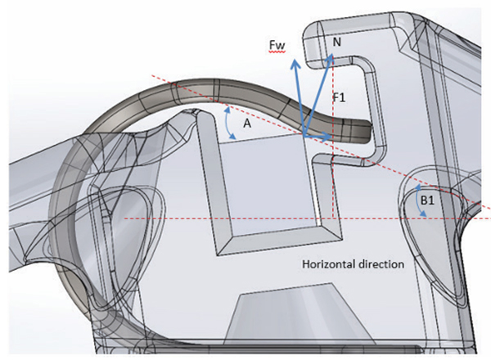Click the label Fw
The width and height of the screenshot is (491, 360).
(277, 46)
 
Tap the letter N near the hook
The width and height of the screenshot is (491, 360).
(336, 42)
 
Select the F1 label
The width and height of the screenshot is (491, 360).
(340, 97)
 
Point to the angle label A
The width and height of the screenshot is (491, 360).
(247, 124)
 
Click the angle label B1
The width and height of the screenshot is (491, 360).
(427, 200)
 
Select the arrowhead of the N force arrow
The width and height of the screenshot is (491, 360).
(331, 57)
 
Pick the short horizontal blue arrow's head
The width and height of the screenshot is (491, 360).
(327, 137)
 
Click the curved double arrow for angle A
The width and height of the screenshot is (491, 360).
(228, 123)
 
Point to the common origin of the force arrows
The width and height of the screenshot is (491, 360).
(304, 136)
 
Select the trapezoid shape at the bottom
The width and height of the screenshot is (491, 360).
(300, 314)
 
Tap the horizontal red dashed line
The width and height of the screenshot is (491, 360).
(307, 218)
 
